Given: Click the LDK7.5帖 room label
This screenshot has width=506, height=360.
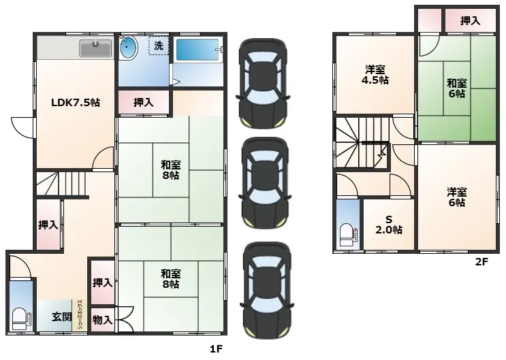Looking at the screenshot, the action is pos(76,103).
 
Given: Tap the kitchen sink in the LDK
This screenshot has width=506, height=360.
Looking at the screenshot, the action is pos(95,48).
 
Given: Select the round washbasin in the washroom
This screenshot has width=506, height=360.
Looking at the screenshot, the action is pos(128,48).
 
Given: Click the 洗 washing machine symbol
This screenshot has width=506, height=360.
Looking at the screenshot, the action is pos(159,46).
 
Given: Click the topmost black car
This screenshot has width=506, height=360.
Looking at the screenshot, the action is pos(263,83).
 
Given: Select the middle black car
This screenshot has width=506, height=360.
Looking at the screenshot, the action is pos(264,183).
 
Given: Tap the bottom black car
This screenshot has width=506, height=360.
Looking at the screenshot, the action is pos(267,291).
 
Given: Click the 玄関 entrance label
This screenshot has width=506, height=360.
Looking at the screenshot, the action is pos(62,317).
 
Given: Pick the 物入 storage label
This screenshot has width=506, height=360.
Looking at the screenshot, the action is pos(103,320).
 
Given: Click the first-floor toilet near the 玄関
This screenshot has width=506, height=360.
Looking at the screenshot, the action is pos(21,319).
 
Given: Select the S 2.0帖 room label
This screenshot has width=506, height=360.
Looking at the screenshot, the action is pos(389,225).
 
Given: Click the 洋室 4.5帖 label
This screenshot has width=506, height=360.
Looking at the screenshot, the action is pos(375,74).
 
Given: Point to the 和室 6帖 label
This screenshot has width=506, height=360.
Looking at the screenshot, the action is pos(457,88).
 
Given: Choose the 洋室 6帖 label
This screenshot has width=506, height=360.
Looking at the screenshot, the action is pos(457,197).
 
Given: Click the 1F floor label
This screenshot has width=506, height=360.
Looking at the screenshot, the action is pos(216,348).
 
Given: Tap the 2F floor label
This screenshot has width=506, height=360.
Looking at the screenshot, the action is pos(481,261).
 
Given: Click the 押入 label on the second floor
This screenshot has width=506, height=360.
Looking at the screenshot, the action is pos(470,21).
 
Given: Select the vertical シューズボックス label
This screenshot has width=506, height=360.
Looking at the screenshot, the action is pos(82,314).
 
